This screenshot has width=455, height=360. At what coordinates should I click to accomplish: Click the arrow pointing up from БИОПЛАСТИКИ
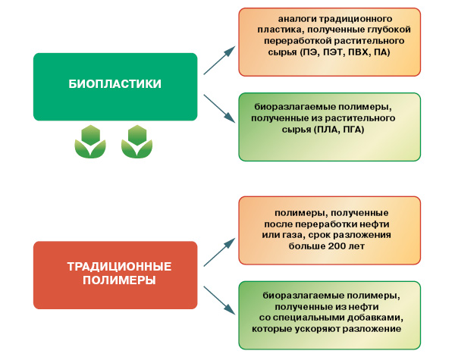coord(219,60)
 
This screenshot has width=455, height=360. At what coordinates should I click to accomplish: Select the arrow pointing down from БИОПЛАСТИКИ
coord(219,108)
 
